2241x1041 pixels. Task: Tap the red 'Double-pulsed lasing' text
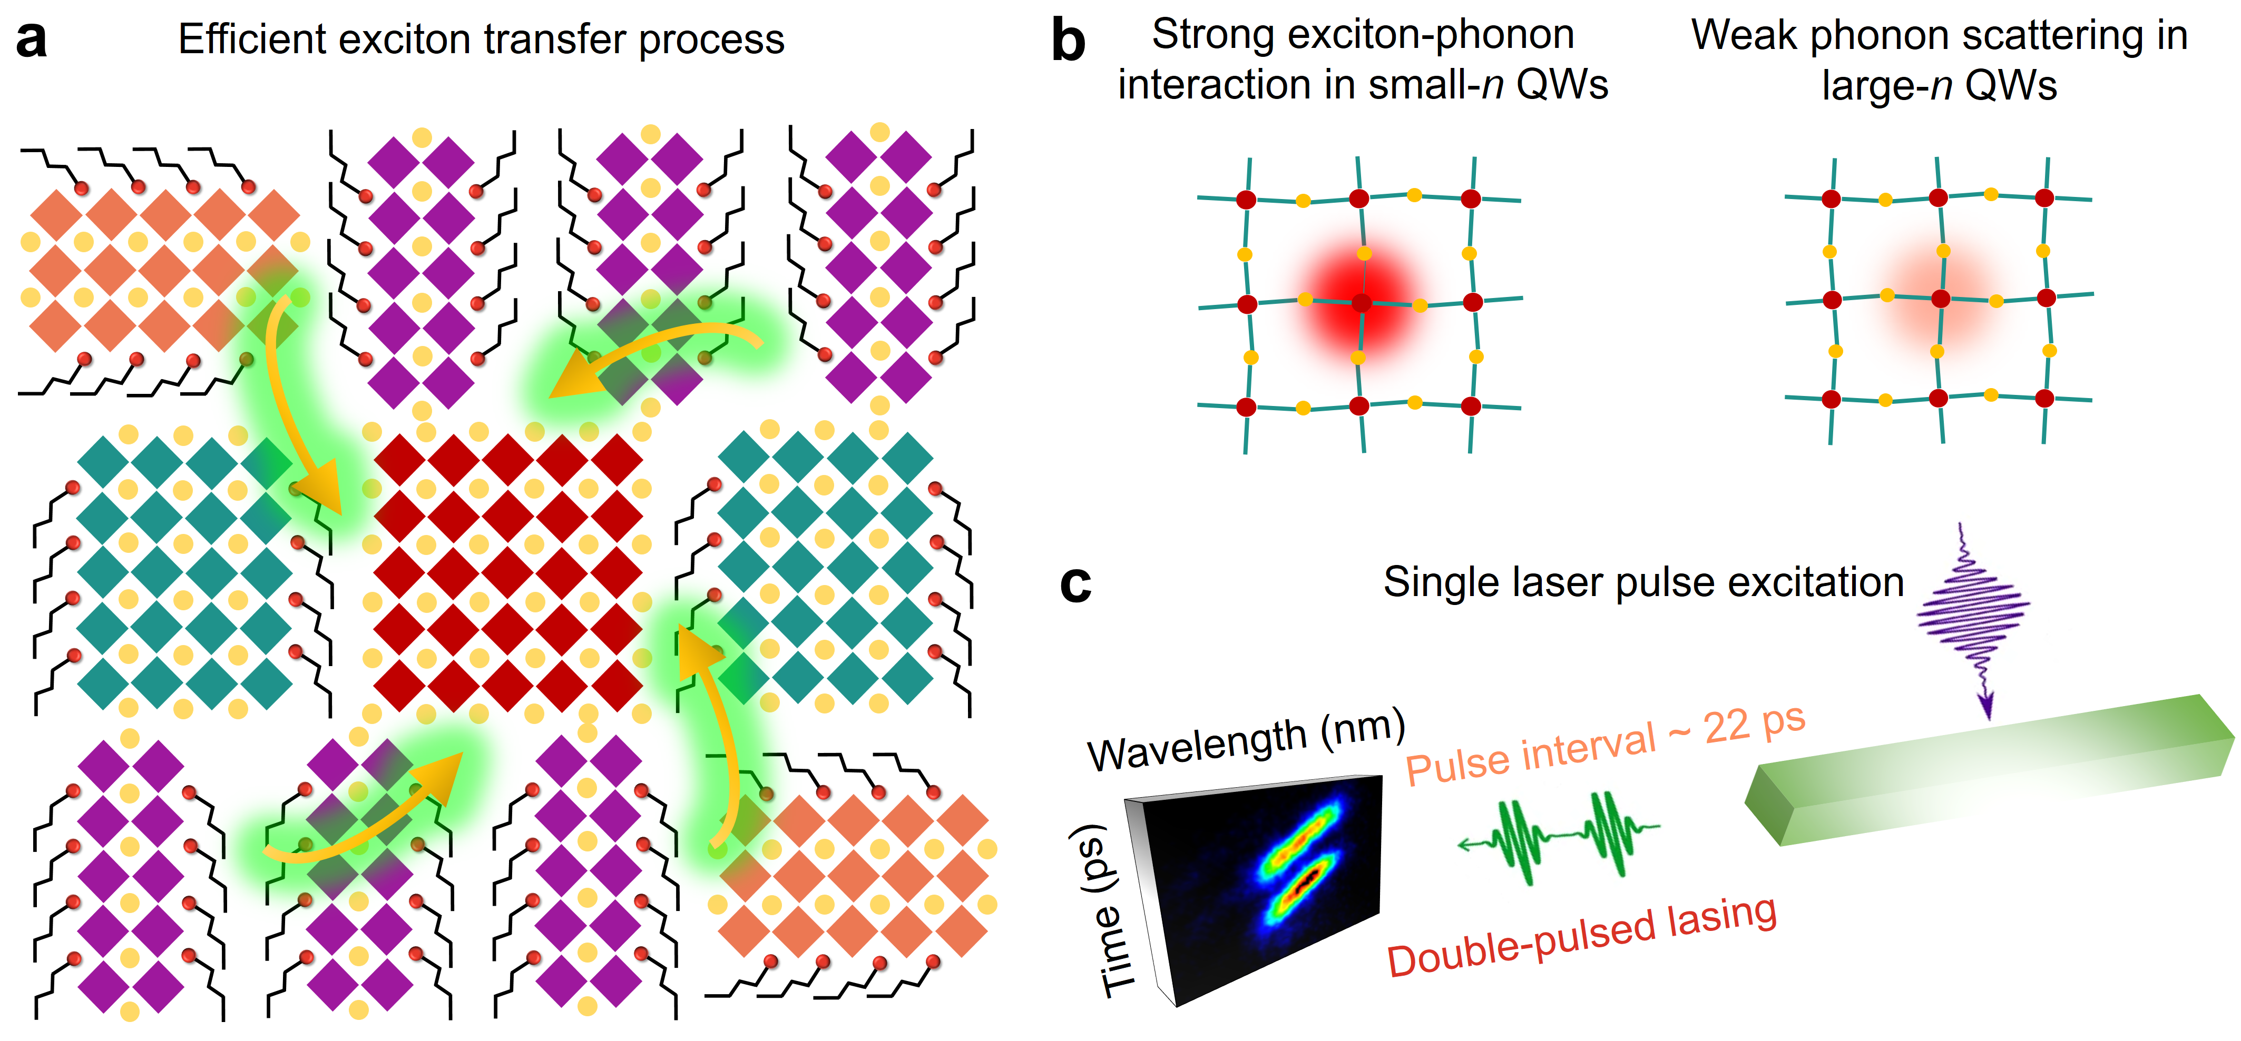tap(1581, 937)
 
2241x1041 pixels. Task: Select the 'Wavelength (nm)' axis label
tap(1246, 741)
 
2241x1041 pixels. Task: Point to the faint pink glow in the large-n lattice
tap(1940, 296)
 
